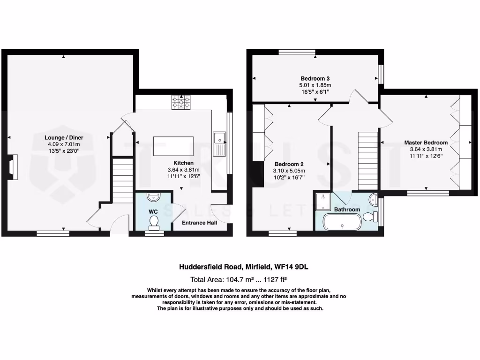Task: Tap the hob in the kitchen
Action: (x=181, y=102)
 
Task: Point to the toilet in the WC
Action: (x=153, y=227)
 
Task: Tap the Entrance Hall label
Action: (x=199, y=223)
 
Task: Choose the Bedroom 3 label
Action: (x=313, y=78)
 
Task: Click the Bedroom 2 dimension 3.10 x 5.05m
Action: (x=289, y=171)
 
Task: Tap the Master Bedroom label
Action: (x=426, y=142)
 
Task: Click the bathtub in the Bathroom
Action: (x=342, y=222)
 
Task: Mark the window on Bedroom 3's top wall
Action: (x=297, y=52)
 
